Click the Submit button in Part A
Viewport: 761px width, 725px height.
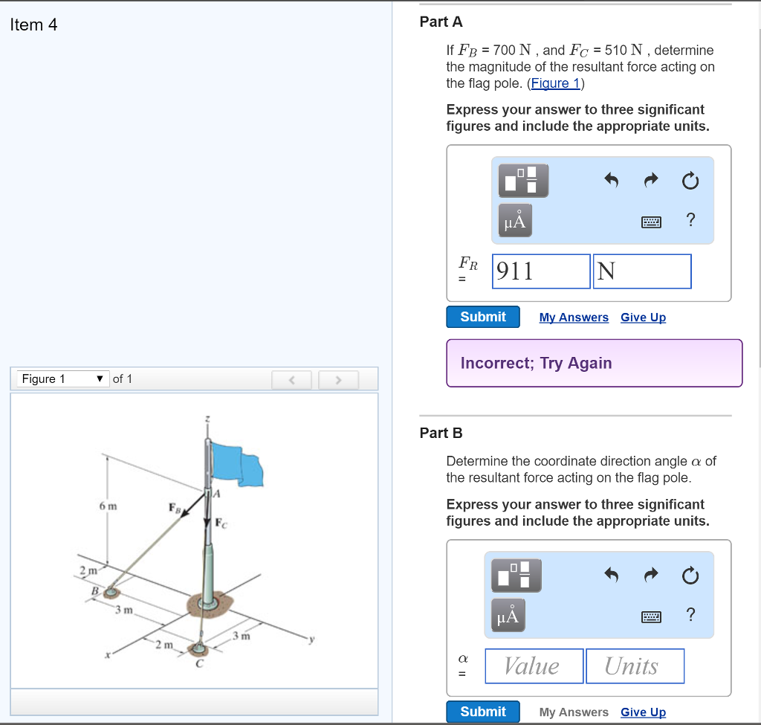483,317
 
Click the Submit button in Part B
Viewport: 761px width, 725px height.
483,712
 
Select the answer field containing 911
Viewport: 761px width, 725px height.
541,271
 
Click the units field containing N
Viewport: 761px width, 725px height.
641,271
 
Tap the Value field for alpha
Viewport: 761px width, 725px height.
534,666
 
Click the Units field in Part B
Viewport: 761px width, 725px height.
634,666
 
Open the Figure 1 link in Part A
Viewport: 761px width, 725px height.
556,83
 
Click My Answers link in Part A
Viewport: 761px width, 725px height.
574,318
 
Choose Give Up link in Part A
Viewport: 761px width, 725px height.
643,318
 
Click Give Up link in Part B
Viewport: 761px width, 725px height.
643,712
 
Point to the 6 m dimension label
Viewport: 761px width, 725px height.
108,506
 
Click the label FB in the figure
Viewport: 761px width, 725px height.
174,509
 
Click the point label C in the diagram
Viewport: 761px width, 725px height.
199,664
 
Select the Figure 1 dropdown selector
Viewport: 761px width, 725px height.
63,379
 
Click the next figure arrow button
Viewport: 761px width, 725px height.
337,380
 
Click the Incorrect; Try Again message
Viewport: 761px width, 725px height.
536,363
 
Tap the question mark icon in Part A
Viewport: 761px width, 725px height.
690,219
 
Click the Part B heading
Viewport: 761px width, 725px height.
441,433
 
